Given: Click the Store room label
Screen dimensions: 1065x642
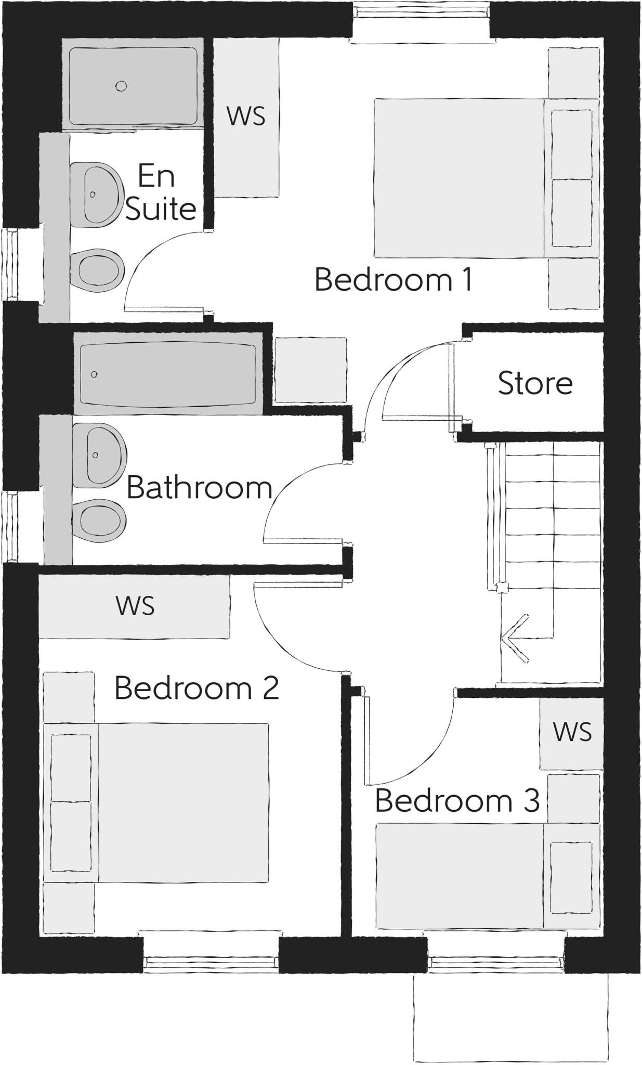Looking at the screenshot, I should pos(535,383).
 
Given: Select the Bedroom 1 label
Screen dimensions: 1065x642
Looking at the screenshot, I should pos(393,279).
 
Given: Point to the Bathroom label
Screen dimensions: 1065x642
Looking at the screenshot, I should pos(199,488).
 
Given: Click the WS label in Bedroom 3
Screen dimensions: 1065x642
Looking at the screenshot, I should pos(572,732).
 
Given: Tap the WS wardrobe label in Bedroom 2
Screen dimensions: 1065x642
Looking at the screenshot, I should pos(135,606).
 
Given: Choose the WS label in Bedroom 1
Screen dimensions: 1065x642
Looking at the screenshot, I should pos(246,116).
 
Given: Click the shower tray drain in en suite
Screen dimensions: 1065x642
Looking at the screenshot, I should pos(121,86).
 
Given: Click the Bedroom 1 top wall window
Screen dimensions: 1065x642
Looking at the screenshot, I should pos(421,21).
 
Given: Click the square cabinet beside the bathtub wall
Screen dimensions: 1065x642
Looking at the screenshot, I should pos(310,370).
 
